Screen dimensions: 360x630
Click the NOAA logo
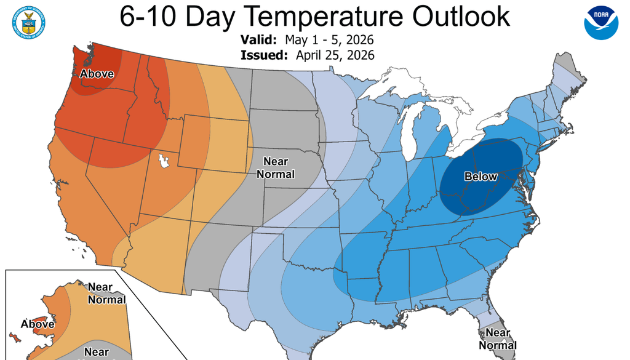[x=600, y=23]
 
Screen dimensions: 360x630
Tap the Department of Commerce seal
[x=28, y=23]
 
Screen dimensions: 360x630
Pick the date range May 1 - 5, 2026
[x=330, y=40]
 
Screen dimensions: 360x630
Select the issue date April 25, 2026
[x=335, y=55]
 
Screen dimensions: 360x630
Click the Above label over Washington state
[x=97, y=74]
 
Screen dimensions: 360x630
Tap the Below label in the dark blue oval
[x=480, y=177]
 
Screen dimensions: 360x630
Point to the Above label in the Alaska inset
[x=38, y=324]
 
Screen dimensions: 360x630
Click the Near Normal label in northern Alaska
[x=106, y=294]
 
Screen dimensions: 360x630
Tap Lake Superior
[x=394, y=86]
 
